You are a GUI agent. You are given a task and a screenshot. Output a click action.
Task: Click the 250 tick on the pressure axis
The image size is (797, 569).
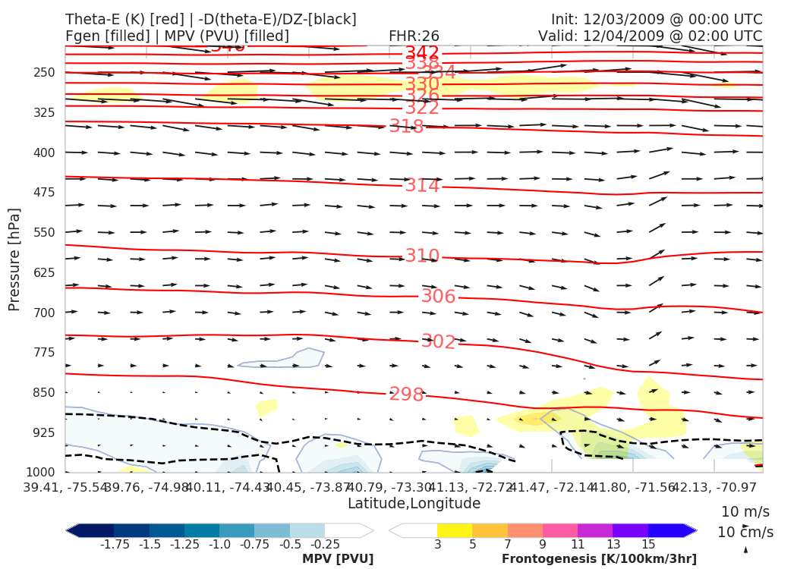pyautogui.click(x=45, y=73)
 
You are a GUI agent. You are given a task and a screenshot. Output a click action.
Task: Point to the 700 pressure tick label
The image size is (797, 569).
pyautogui.click(x=45, y=313)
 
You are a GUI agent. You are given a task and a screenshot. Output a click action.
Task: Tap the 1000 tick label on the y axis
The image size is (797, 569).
pyautogui.click(x=41, y=473)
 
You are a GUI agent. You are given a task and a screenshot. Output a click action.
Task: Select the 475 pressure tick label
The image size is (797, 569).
pyautogui.click(x=45, y=193)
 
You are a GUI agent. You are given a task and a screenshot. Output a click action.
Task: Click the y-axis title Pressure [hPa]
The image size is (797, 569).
pyautogui.click(x=14, y=259)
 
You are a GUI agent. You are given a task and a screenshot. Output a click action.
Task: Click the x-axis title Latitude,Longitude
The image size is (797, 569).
pyautogui.click(x=414, y=504)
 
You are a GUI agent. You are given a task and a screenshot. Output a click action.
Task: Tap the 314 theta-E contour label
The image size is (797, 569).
pyautogui.click(x=422, y=186)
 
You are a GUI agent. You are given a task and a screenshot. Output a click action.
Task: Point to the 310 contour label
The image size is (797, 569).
pyautogui.click(x=422, y=256)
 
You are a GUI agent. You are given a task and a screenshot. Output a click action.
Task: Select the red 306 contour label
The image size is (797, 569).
pyautogui.click(x=438, y=297)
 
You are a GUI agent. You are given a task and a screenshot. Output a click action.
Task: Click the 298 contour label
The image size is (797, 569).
pyautogui.click(x=406, y=395)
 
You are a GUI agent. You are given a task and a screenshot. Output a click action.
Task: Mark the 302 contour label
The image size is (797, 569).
pyautogui.click(x=438, y=342)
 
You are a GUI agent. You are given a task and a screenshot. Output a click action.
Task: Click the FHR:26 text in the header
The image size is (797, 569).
pyautogui.click(x=414, y=36)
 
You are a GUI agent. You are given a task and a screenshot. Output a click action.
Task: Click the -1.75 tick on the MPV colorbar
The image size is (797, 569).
pyautogui.click(x=115, y=545)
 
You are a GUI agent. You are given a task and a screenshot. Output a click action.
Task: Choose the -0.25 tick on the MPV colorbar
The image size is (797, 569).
pyautogui.click(x=325, y=545)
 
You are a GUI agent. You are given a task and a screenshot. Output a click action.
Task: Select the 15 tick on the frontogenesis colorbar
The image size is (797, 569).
pyautogui.click(x=648, y=545)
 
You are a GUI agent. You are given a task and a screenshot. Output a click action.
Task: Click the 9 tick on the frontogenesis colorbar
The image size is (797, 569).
pyautogui.click(x=543, y=545)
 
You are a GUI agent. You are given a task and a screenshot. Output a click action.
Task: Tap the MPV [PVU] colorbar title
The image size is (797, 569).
pyautogui.click(x=338, y=559)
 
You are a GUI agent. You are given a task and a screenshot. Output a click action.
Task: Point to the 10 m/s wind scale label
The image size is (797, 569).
pyautogui.click(x=745, y=511)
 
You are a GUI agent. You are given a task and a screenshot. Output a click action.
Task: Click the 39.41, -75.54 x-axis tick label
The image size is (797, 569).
pyautogui.click(x=65, y=486)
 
